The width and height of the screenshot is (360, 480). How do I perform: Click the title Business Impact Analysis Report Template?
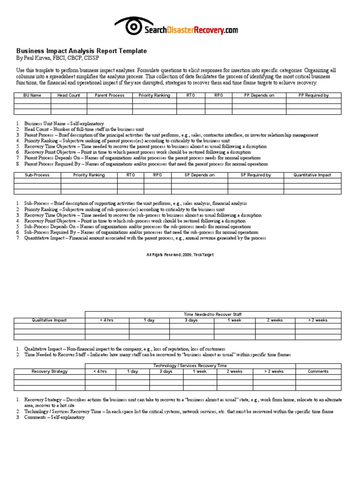pos(82,51)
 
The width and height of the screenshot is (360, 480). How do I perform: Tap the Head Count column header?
pos(69,95)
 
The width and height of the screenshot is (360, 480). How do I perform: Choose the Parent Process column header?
pos(110,95)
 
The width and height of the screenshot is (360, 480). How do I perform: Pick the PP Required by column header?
pos(314,95)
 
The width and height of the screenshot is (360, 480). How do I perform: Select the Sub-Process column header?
pos(37,175)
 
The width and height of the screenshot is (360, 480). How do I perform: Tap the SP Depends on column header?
pos(200,175)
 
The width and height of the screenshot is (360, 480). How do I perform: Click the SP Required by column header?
pos(255,175)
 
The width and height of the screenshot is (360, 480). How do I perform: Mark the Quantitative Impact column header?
pos(312,175)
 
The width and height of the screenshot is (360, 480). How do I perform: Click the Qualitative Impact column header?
pos(49,320)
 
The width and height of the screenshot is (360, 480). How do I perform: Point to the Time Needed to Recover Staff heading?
pos(213,314)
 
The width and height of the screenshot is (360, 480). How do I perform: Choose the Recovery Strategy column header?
pos(49,371)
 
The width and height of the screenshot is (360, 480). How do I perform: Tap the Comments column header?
pos(318,371)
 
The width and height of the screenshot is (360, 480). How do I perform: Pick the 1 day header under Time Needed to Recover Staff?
pos(149,320)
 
